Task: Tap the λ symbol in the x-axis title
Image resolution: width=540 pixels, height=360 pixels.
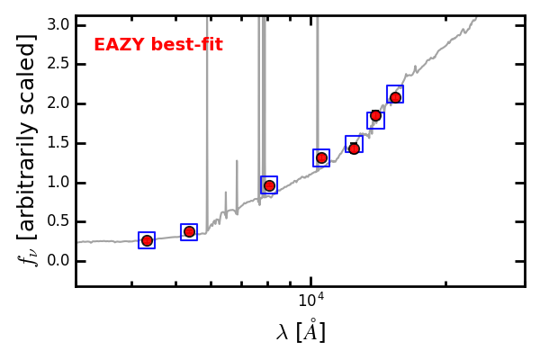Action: click(x=283, y=333)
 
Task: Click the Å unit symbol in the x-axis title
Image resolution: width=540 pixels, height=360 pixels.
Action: click(x=310, y=331)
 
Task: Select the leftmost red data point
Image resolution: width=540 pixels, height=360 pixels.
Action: click(x=147, y=240)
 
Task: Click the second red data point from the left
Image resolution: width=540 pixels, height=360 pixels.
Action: click(x=189, y=232)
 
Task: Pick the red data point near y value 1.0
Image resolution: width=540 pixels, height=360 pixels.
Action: click(x=269, y=185)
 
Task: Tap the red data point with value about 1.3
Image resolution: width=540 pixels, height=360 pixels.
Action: click(x=321, y=157)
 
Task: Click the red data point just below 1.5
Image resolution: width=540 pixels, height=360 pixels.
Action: click(x=354, y=148)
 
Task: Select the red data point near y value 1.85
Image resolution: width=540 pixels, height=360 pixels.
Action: click(x=375, y=115)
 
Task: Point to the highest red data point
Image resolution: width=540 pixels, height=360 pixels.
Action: click(x=395, y=97)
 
